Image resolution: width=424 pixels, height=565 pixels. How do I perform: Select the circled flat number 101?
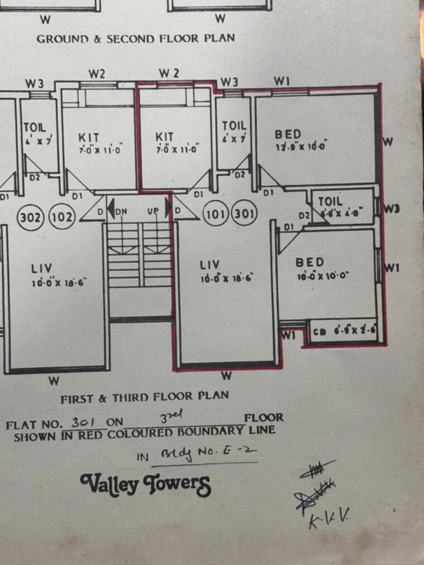215,215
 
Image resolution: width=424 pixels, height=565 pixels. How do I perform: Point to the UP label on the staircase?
153,211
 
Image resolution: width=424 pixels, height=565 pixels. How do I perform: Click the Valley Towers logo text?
146,484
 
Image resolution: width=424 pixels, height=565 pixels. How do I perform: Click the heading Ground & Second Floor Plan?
136,38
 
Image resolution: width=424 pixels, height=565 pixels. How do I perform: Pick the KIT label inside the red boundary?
165,137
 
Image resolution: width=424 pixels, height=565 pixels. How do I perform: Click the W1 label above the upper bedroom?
282,81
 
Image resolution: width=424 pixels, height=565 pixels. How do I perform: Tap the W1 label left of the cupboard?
288,335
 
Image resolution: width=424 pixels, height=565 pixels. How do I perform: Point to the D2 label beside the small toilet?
304,215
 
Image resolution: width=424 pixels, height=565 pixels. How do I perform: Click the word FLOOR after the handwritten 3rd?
263,417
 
